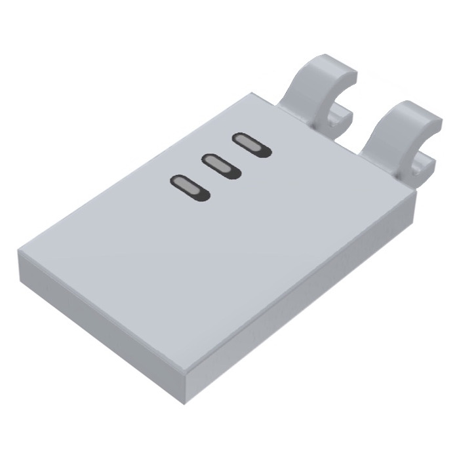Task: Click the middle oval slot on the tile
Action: pos(221,165)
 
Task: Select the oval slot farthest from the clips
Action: pos(189,187)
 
